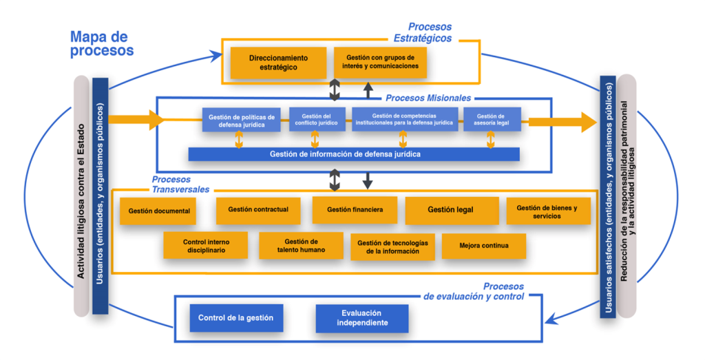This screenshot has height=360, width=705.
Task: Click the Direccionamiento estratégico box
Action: coord(278,63)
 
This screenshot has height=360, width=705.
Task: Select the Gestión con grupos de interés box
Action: coord(380,63)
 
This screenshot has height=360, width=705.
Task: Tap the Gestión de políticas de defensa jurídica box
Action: coord(241,120)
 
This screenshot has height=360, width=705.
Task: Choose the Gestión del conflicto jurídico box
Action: coord(317,119)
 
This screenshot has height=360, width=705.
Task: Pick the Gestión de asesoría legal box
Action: coord(492,119)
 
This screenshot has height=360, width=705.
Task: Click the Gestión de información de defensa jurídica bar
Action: coord(354,154)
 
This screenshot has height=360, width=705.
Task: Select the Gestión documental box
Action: coord(158,211)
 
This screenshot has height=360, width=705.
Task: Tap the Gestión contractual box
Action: coord(258,210)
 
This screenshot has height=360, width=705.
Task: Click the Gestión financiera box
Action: coord(355,210)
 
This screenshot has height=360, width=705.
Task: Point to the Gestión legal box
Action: coord(451,210)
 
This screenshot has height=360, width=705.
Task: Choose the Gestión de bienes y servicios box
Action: coord(548,211)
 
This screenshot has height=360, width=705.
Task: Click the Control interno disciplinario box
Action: coord(206,246)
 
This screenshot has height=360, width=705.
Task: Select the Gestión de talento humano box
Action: coord(301,246)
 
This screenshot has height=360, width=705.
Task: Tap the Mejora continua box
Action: coord(483,246)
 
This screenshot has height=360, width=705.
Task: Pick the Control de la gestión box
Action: coord(236,318)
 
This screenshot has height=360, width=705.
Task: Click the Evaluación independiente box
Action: coord(362,318)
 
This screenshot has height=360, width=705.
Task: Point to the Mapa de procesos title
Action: coord(102,43)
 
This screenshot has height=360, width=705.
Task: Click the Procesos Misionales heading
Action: coord(428,98)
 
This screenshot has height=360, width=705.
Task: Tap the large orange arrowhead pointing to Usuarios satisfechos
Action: coord(587,123)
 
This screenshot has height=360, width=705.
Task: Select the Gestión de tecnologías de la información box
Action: coord(392,247)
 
